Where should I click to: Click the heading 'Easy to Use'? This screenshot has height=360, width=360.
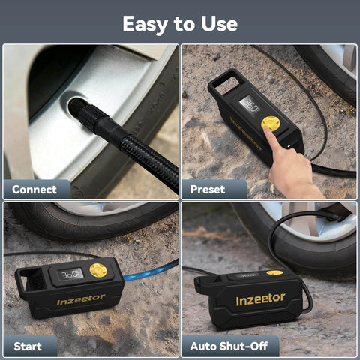tap(180, 23)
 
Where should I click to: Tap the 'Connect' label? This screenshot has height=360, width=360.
tap(34, 190)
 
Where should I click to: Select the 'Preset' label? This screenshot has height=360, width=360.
tap(208, 190)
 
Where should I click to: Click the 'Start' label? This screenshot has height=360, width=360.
tap(28, 346)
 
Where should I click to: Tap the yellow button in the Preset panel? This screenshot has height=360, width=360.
tap(269, 122)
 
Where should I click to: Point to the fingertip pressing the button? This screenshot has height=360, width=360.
tap(268, 131)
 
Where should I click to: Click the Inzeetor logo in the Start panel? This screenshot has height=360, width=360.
tap(81, 299)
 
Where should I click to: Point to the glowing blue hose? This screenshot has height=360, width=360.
tap(150, 271)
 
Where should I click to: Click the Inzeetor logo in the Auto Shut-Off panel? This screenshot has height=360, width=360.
tap(260, 299)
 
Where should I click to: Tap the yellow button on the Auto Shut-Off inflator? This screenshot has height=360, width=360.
tap(274, 272)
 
